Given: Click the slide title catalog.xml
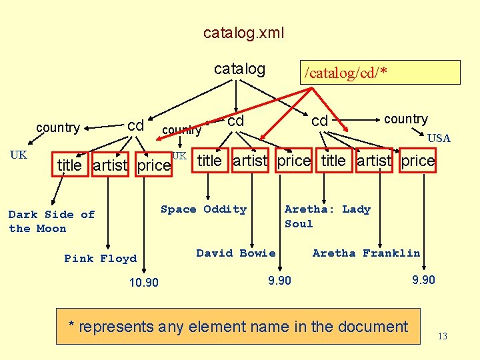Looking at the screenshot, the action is (x=243, y=33).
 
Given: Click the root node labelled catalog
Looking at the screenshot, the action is (x=239, y=69).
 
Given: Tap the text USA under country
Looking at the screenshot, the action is (x=439, y=139).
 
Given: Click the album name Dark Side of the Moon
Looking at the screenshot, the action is (x=51, y=221).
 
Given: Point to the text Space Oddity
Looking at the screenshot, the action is (x=203, y=209).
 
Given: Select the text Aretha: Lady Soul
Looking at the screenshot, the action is (x=327, y=216).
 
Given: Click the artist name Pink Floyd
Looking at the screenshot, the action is (x=100, y=259).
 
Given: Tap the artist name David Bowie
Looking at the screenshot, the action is (x=235, y=253).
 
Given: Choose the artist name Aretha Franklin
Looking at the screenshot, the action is (x=366, y=253).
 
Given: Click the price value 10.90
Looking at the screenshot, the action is (x=143, y=283).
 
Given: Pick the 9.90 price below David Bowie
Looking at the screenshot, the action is (x=279, y=281).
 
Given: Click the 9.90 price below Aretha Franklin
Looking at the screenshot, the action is (x=423, y=280).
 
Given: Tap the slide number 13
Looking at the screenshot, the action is (x=443, y=337).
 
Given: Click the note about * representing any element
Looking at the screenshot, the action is (x=239, y=327).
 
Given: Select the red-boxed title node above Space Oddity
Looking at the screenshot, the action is (x=209, y=161).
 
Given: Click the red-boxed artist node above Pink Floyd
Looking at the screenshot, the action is (x=110, y=165).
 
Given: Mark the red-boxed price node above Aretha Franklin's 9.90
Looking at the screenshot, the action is (x=418, y=161).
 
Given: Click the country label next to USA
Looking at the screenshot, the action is (x=405, y=119).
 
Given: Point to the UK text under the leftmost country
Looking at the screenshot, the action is (x=19, y=155).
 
